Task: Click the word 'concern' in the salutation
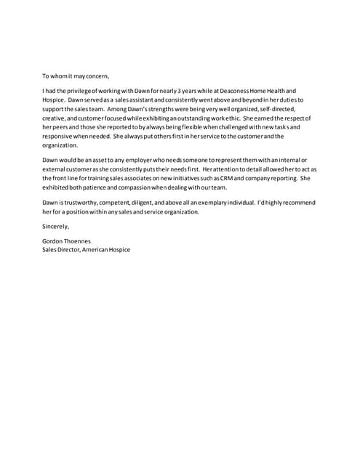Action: coord(95,76)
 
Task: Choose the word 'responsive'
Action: coord(59,136)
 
